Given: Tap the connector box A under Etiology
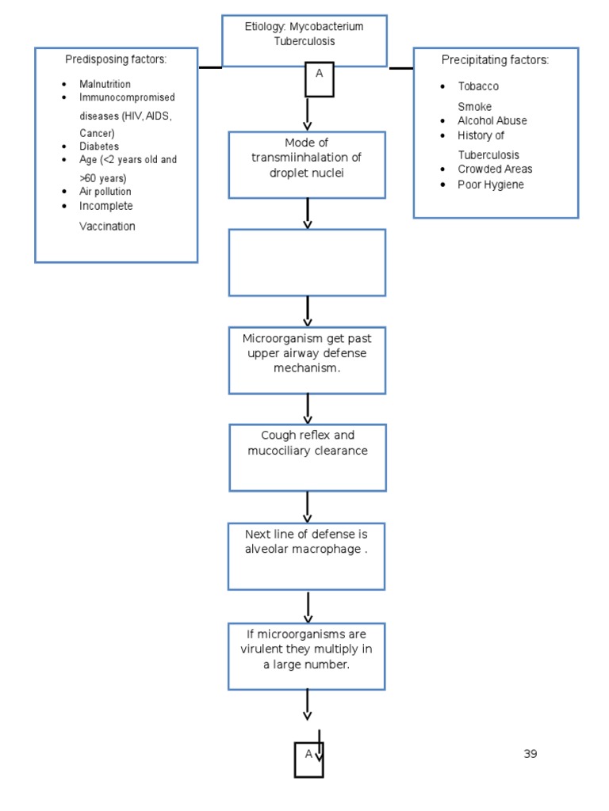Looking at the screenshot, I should [320, 78].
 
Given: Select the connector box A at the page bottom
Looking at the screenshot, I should [308, 759].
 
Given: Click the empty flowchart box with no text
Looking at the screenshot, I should [308, 263].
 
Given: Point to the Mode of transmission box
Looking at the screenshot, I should [308, 165].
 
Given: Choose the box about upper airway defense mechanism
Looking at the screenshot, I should [308, 360].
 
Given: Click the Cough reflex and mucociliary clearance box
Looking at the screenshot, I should [308, 457].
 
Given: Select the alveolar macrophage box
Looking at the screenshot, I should [307, 555].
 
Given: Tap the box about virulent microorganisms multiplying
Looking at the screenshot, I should [307, 656].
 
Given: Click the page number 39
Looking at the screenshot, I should [530, 754].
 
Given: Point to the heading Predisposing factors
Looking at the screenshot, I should [116, 60].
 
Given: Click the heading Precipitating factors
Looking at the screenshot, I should [495, 60].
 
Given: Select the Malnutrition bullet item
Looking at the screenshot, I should [105, 84].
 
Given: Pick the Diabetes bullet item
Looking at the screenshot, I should [99, 147].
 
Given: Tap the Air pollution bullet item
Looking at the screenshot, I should [105, 192].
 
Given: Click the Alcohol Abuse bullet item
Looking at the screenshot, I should [492, 121].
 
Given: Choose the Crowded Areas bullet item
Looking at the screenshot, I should [495, 169].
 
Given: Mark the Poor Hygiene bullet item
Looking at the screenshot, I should [491, 185].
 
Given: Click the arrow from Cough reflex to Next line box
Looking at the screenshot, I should [308, 507].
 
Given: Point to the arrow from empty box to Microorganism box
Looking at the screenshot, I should [308, 310].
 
